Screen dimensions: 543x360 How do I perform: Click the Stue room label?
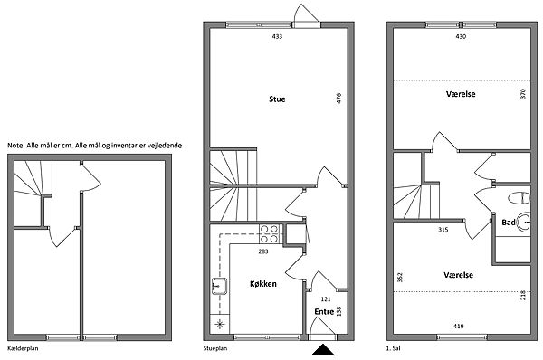click(x=277, y=99)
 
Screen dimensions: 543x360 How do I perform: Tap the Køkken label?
click(x=263, y=284)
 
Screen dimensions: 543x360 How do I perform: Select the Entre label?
click(x=324, y=311)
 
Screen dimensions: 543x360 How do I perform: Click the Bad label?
click(x=509, y=223)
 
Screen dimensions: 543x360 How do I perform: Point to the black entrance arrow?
click(x=323, y=350)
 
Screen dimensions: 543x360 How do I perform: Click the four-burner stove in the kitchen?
click(x=269, y=233)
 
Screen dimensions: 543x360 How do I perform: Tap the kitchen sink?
click(x=219, y=286)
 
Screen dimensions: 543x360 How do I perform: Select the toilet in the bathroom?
click(x=519, y=198)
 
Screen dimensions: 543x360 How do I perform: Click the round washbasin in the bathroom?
click(x=523, y=222)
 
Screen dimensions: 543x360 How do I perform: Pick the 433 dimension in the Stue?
click(x=277, y=36)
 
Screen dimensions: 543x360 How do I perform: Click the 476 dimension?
click(x=338, y=98)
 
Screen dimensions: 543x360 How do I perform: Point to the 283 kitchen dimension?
click(x=263, y=251)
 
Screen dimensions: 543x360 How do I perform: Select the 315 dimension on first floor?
click(x=443, y=230)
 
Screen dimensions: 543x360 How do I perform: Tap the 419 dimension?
click(x=458, y=326)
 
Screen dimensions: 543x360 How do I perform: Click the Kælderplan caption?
click(x=23, y=348)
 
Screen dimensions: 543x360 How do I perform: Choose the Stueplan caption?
click(x=215, y=348)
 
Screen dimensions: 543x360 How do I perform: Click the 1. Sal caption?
click(x=393, y=348)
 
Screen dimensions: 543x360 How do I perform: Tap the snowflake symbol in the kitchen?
click(x=220, y=325)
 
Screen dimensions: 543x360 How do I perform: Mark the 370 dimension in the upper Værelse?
click(x=522, y=94)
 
